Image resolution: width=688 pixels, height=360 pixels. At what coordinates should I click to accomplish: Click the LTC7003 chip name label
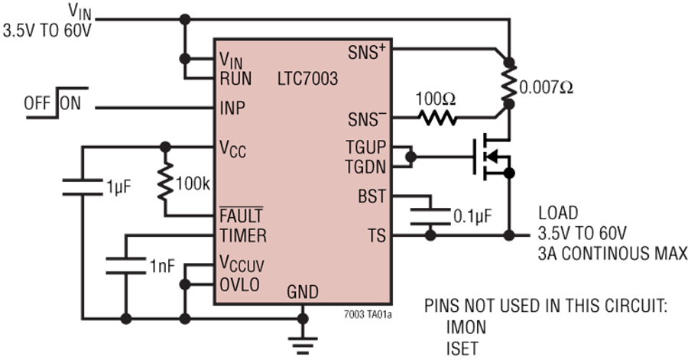tap(308, 79)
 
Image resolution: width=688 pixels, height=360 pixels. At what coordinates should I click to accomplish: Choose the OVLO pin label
tap(239, 284)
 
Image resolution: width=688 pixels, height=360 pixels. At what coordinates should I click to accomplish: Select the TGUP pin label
tap(368, 148)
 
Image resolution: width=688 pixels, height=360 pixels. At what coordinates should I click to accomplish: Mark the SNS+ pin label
tap(367, 54)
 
